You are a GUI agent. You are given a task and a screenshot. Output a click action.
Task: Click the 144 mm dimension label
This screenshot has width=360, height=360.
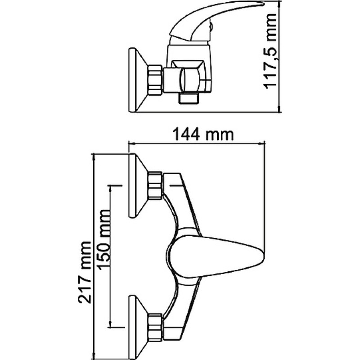click(x=203, y=135)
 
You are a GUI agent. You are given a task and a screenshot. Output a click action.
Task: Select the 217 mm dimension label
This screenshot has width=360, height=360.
click(x=85, y=273)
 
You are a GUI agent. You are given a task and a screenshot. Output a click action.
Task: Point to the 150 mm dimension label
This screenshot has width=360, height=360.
click(x=103, y=240)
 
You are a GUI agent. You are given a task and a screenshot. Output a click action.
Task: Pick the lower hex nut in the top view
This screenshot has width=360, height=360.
click(x=155, y=326)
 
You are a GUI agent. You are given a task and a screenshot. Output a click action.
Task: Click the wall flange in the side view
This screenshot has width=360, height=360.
click(x=138, y=80)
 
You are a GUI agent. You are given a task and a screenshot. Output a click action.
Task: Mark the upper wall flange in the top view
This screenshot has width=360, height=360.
click(x=138, y=185)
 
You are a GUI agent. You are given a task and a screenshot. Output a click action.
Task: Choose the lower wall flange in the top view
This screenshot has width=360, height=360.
click(x=138, y=327)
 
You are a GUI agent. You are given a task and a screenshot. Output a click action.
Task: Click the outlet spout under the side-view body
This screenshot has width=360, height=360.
click(x=189, y=99)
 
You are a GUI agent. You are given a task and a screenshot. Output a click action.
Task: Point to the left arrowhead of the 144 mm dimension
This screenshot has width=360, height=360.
click(x=131, y=144)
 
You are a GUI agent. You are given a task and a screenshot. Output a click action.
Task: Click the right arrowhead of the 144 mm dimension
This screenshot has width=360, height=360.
click(x=262, y=144)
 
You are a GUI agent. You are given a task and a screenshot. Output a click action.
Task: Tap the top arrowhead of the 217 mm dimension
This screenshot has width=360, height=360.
click(x=94, y=157)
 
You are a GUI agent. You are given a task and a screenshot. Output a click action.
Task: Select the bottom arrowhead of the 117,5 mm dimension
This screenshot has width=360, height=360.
click(x=279, y=109)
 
